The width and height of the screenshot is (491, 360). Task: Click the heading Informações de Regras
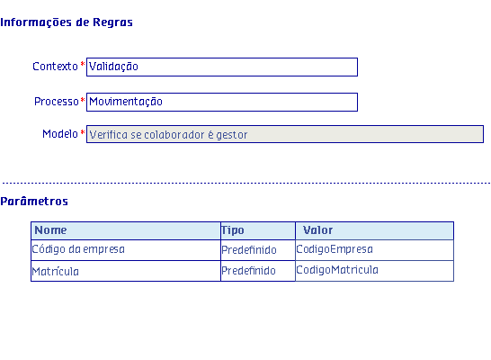click(x=67, y=22)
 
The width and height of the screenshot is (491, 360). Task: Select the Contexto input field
click(x=222, y=67)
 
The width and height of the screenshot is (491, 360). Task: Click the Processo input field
click(x=222, y=102)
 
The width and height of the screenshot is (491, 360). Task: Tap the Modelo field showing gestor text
click(x=285, y=134)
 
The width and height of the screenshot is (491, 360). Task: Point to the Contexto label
click(x=55, y=67)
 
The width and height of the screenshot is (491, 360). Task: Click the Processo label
click(x=57, y=102)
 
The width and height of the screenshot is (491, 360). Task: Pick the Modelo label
click(x=60, y=134)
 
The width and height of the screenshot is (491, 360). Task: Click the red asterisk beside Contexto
click(x=83, y=64)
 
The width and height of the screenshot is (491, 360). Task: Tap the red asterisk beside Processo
click(x=83, y=100)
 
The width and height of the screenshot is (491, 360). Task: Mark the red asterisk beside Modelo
click(x=83, y=132)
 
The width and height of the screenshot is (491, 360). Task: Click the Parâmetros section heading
click(x=34, y=201)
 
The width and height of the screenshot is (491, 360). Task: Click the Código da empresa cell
click(x=126, y=250)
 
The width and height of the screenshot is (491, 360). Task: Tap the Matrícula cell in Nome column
click(x=126, y=271)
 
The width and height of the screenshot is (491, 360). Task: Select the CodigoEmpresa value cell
click(x=374, y=250)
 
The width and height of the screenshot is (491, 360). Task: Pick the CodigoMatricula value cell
click(x=374, y=271)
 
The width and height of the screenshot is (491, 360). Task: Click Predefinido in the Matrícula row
click(x=248, y=271)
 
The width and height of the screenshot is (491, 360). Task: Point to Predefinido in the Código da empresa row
click(x=249, y=250)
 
